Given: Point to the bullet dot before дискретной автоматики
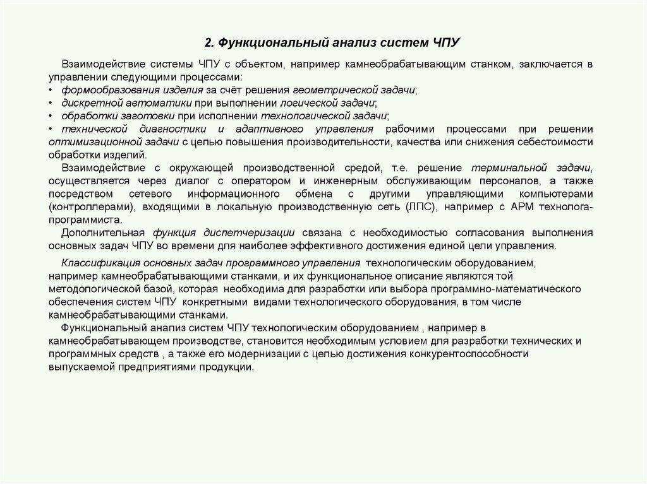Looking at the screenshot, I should [51, 103].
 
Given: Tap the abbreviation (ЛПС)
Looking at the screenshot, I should [421, 206].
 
